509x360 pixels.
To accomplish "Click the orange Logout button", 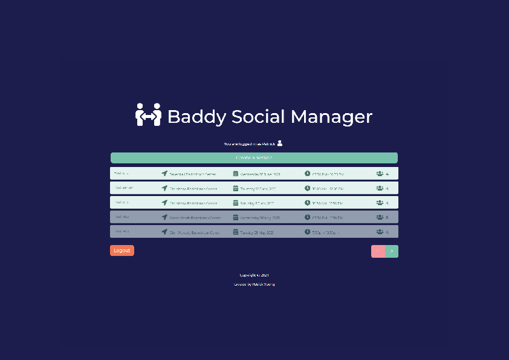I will coord(122,250).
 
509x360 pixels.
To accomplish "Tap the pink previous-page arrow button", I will coord(378,251).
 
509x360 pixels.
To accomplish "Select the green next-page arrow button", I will coord(392,251).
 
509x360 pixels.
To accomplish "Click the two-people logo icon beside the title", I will coord(148,115).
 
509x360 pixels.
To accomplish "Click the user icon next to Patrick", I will coord(280,143).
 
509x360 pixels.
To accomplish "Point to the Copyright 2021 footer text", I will coord(254,275).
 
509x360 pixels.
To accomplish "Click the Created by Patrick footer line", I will coord(254,284).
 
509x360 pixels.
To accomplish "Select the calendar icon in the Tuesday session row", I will coord(236,232).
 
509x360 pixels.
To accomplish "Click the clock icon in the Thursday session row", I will coord(307,188).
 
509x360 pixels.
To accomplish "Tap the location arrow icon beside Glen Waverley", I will coord(164,232).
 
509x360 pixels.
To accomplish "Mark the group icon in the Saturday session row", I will coord(380,203).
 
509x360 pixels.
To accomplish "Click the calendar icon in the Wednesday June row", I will coord(236,174).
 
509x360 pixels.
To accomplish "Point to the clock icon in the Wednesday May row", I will coord(307,217).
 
